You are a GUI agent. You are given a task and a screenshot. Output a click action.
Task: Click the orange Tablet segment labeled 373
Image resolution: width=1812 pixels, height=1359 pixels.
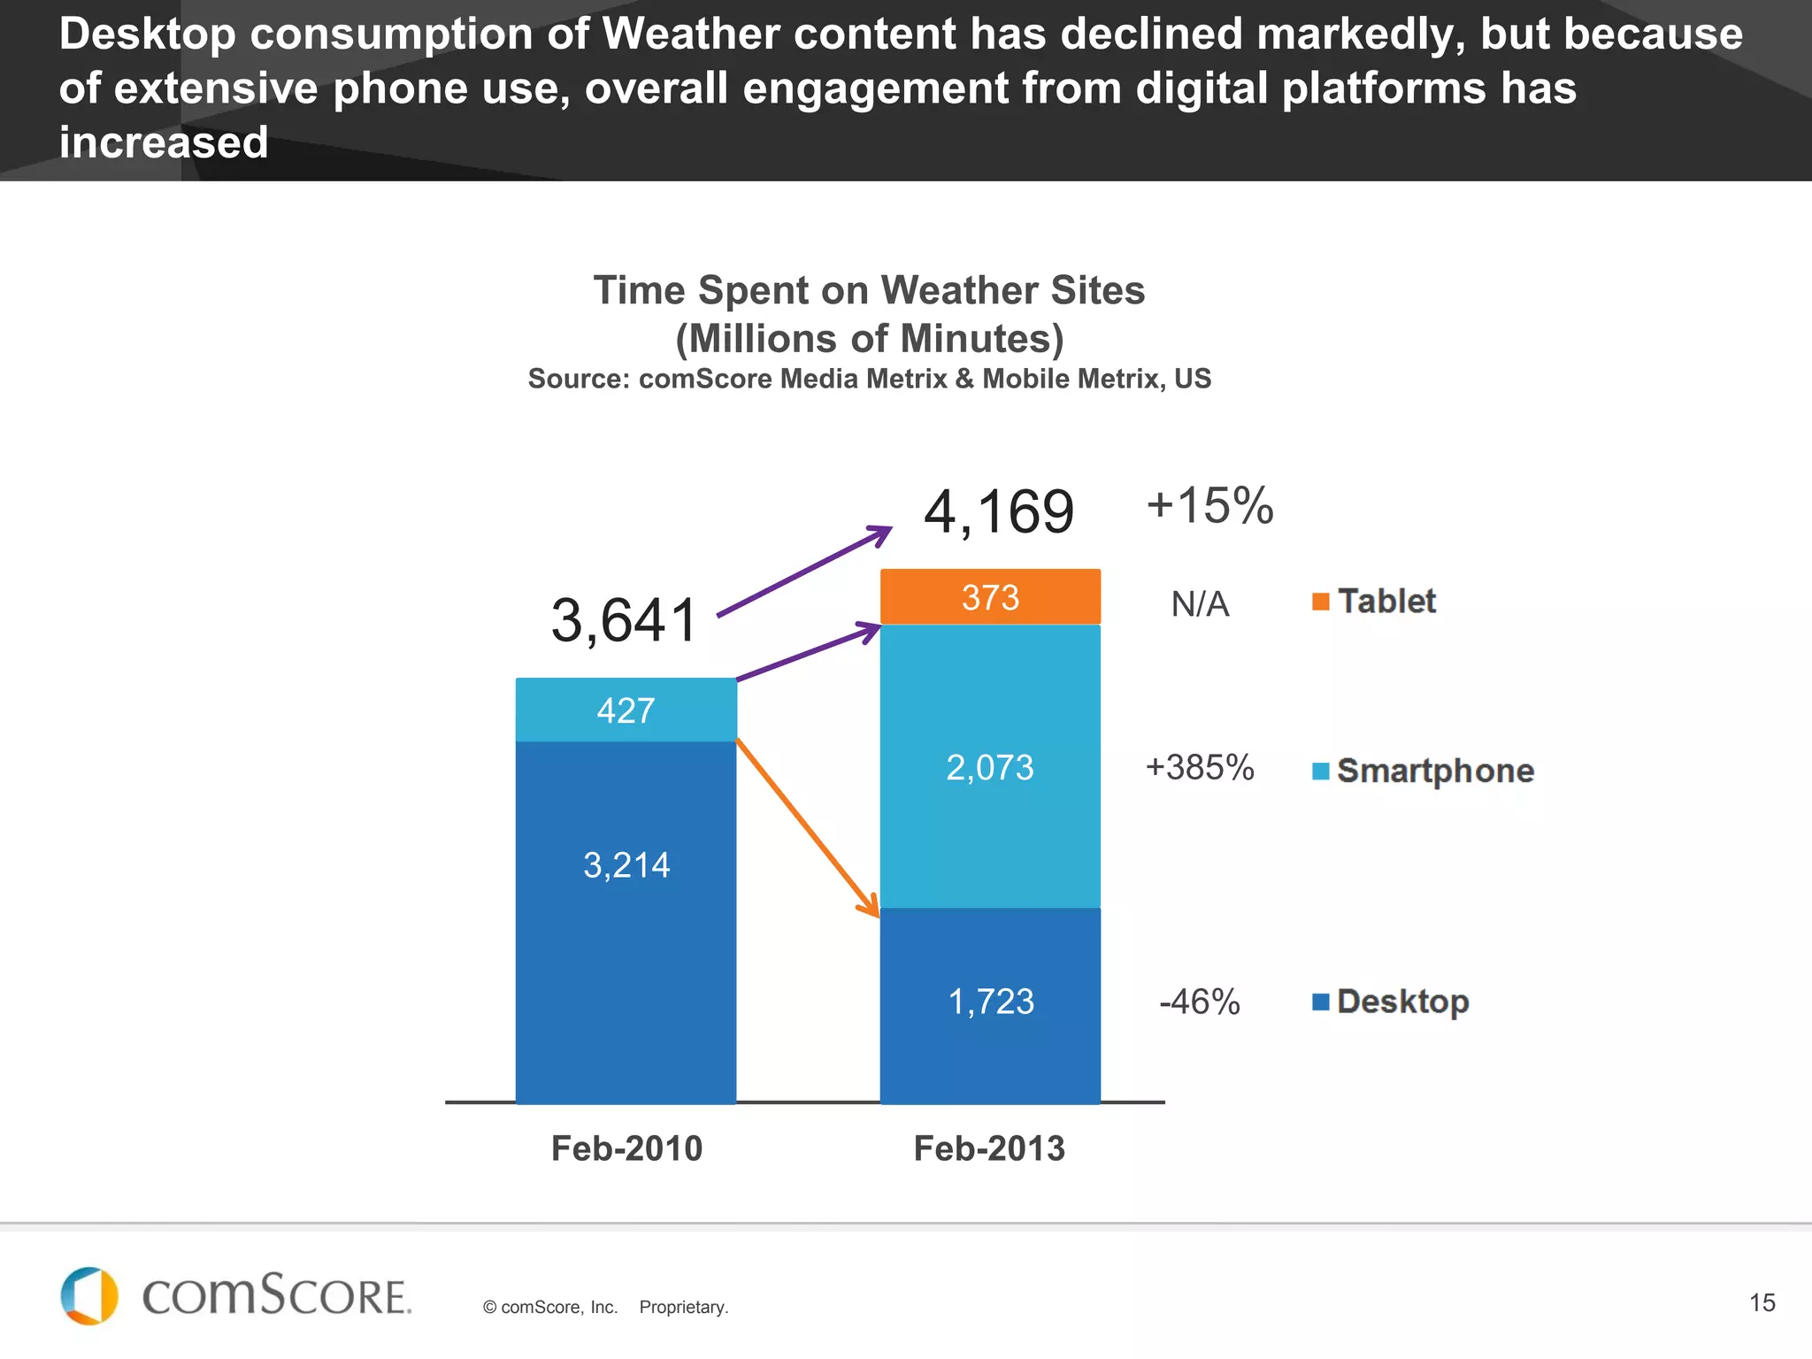[x=990, y=597]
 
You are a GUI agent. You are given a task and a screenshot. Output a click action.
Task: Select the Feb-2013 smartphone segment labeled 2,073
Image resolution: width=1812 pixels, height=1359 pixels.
[x=990, y=767]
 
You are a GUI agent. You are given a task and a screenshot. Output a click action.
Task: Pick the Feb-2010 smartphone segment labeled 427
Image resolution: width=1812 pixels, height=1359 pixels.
[x=626, y=710]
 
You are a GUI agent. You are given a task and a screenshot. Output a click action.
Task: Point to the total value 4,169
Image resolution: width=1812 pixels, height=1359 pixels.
[x=999, y=512]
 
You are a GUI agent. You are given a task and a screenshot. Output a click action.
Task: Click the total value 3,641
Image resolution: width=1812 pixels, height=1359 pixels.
[x=625, y=620]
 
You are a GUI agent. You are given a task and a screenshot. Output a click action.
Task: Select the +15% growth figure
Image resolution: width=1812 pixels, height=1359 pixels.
[x=1209, y=506]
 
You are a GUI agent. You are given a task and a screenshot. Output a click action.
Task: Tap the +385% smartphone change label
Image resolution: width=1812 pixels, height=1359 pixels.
[x=1200, y=767]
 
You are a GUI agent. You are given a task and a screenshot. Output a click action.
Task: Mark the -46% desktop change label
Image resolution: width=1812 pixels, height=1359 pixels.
[x=1200, y=1002]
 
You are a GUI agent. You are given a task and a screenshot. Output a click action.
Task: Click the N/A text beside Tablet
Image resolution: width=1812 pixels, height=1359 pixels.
[x=1200, y=604]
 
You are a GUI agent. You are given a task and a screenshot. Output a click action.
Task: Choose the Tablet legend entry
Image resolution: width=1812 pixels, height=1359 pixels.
[x=1375, y=602]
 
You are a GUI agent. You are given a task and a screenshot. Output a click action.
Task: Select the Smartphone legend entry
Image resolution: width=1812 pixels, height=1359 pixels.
[x=1424, y=771]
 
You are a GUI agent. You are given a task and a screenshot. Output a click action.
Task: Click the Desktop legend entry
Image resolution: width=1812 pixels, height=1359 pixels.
[x=1392, y=1002]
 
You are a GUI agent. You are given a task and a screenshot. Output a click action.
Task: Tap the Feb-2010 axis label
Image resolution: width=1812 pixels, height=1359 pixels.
[x=626, y=1148]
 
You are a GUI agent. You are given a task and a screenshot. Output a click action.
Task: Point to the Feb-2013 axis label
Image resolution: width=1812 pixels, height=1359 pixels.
[x=989, y=1148]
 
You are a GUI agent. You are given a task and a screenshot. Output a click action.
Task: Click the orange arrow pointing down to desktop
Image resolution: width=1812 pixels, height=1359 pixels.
[x=807, y=827]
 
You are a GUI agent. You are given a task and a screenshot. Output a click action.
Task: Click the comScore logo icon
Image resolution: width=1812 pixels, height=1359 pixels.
[x=89, y=1296]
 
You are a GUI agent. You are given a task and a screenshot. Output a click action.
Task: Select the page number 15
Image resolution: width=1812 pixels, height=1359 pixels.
[x=1762, y=1302]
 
